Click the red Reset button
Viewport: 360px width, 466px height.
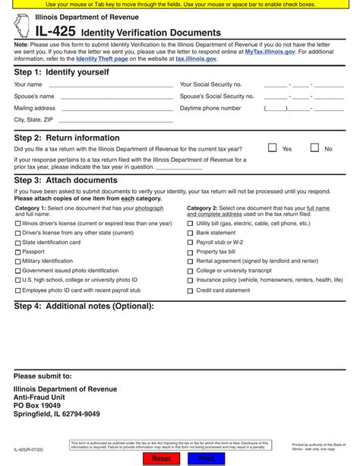click(x=161, y=459)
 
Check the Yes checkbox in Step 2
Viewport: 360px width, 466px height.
click(x=272, y=148)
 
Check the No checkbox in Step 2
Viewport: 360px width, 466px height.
click(x=314, y=148)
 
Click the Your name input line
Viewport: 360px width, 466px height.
click(x=106, y=85)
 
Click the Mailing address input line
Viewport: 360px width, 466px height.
click(x=106, y=109)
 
